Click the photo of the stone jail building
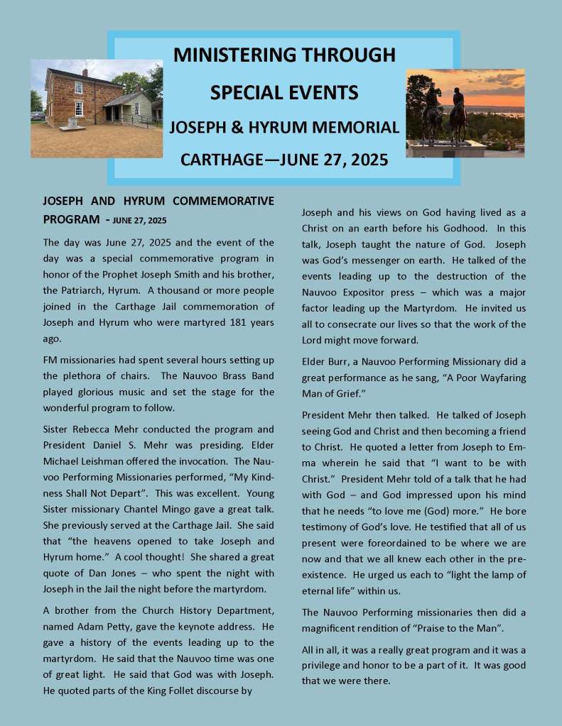tap(97, 109)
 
